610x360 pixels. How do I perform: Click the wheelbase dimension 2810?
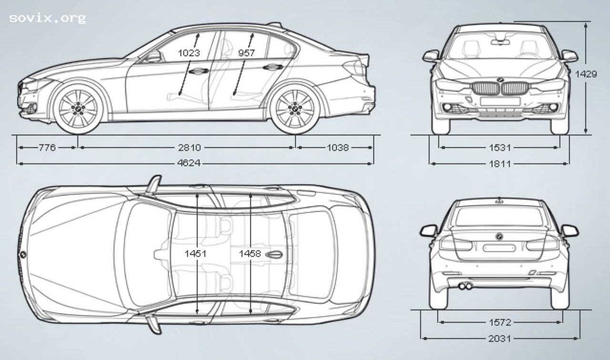(189, 148)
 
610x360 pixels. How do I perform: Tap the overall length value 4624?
(189, 164)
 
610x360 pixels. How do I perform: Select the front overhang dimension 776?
(47, 148)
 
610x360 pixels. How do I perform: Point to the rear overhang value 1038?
(337, 148)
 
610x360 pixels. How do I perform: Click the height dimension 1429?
(586, 74)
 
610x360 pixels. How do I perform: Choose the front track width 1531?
(499, 148)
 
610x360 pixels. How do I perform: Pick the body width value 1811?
(499, 164)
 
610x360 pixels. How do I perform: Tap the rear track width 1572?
(499, 323)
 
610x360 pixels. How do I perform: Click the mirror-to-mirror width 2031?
(499, 339)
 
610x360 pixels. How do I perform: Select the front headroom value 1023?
(189, 53)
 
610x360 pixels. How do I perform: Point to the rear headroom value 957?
(246, 53)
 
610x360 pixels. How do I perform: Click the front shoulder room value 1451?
(196, 254)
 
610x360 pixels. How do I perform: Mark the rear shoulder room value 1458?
(250, 254)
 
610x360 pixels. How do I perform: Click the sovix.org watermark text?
(47, 19)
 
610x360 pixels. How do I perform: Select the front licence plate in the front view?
(500, 101)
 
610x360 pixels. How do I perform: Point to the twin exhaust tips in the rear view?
(466, 286)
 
